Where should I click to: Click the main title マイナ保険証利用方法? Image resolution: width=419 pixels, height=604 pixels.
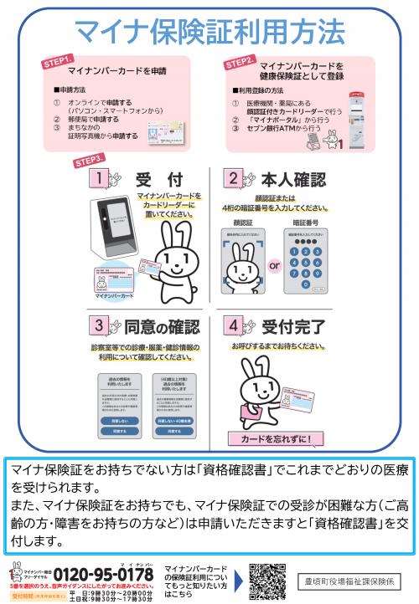pyautogui.click(x=209, y=31)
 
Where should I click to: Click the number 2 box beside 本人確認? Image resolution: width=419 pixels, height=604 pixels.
pyautogui.click(x=232, y=179)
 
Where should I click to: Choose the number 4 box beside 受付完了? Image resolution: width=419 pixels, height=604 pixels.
pyautogui.click(x=232, y=325)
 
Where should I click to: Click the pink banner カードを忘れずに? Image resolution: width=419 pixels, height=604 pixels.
pyautogui.click(x=274, y=438)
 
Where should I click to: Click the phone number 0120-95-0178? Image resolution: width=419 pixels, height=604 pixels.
pyautogui.click(x=104, y=575)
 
